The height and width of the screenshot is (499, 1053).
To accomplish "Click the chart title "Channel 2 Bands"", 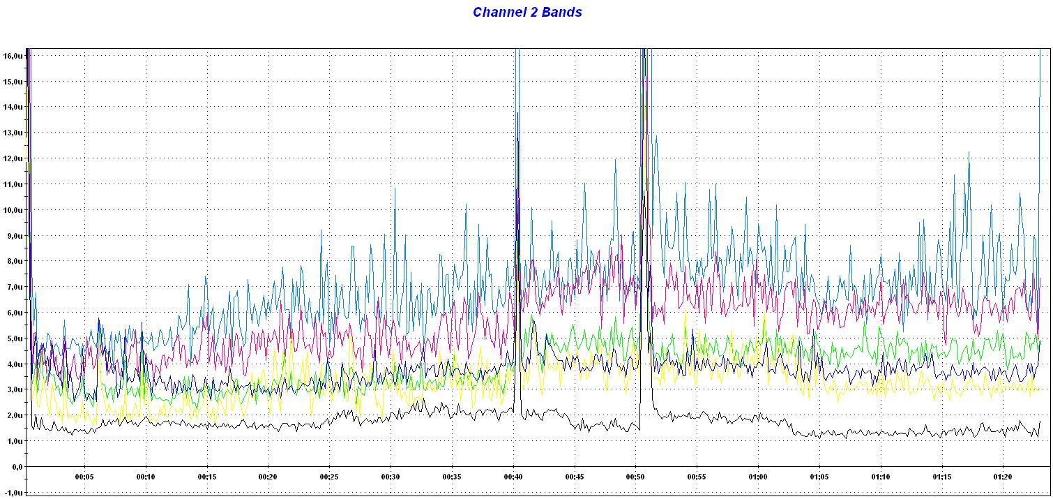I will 527,12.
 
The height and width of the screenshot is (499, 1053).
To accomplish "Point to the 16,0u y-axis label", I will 14,55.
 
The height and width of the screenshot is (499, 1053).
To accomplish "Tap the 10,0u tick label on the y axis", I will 14,209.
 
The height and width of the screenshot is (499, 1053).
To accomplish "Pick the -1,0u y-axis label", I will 14,492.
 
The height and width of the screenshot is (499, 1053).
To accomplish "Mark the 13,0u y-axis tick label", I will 14,133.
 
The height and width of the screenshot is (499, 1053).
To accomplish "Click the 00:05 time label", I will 84,477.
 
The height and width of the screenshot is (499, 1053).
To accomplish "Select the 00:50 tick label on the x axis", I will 635,477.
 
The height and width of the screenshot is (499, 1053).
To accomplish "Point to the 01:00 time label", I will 758,477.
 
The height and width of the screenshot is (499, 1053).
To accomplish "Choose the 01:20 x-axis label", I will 1003,477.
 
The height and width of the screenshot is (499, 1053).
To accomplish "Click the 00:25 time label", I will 329,477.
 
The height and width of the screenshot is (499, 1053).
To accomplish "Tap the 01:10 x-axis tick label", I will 880,477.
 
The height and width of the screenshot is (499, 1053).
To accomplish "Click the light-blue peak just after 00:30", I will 395,188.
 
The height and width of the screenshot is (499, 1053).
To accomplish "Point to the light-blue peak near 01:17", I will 969,153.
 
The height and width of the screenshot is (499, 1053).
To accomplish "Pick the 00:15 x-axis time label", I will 207,477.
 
